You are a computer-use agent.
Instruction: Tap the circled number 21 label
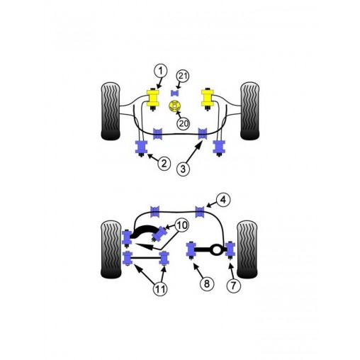point(184,77)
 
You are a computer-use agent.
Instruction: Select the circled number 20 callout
point(184,123)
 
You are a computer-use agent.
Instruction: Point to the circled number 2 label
point(164,164)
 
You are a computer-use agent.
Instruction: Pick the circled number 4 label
point(222,199)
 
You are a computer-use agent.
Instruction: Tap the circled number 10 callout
point(181,225)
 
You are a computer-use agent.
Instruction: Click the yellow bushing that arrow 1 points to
point(151,98)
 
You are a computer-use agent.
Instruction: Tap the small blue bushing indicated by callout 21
point(175,93)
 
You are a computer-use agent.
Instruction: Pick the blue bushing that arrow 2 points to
point(140,147)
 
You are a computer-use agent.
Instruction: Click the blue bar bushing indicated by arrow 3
point(203,133)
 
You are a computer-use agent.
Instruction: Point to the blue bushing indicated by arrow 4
point(201,210)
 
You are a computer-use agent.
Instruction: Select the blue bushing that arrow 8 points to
point(191,249)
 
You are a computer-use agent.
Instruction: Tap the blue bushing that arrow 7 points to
point(230,249)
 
